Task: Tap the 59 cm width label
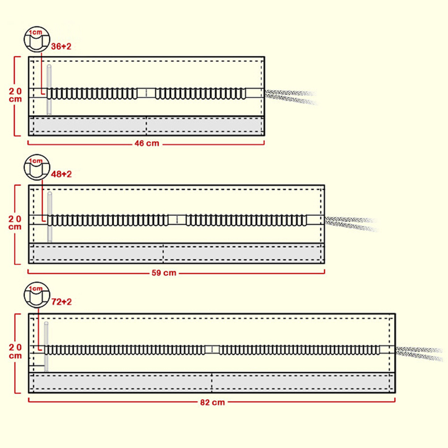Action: pos(164,273)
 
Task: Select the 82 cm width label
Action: pos(212,402)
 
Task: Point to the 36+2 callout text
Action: pos(61,46)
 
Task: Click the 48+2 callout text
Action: pos(61,174)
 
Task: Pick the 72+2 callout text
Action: pos(61,302)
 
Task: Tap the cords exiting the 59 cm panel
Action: pos(351,223)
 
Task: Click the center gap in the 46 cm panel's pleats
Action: pos(146,93)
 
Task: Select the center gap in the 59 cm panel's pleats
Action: pos(177,220)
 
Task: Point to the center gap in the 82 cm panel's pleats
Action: pos(212,350)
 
